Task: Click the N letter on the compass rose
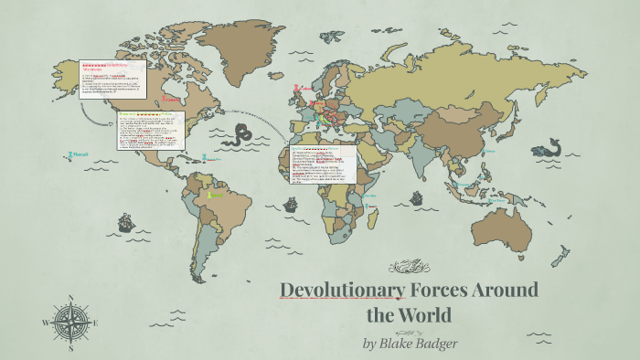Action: (70, 297)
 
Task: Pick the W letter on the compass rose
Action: (45, 323)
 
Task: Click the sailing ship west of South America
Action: (124, 222)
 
